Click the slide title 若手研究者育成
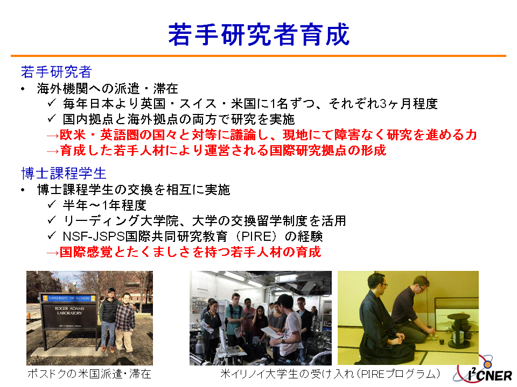[x=259, y=34]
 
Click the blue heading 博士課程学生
[x=64, y=174]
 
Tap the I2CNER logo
[x=484, y=371]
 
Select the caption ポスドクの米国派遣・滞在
[x=89, y=374]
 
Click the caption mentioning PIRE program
[x=330, y=374]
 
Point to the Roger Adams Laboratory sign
[x=69, y=311]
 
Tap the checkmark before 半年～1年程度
[x=52, y=205]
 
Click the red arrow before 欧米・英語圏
[x=53, y=135]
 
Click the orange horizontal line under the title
[x=258, y=56]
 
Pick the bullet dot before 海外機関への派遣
[x=23, y=89]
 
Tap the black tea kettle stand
[x=458, y=331]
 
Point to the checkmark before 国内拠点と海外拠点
[x=52, y=118]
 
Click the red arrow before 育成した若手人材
[x=53, y=151]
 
